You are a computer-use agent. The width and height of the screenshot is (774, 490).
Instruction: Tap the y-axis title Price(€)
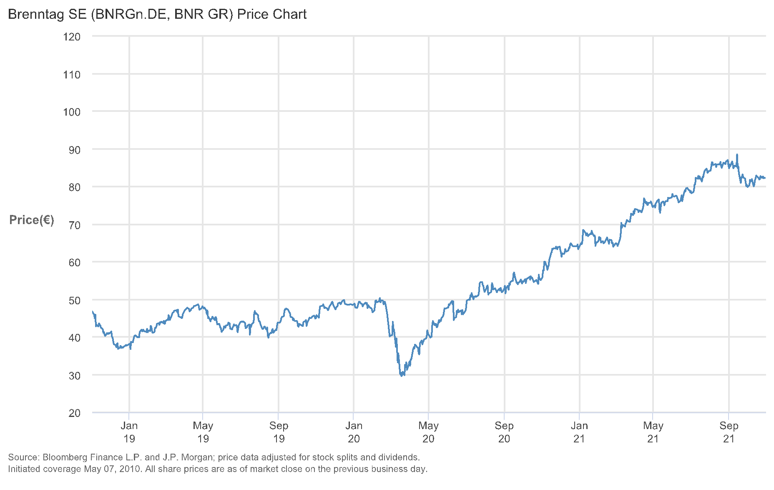[32, 220]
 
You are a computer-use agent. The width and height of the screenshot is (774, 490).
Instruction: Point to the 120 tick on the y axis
[72, 37]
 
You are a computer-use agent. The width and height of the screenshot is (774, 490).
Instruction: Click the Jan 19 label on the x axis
[129, 432]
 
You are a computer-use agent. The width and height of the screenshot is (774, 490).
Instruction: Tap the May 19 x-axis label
[203, 432]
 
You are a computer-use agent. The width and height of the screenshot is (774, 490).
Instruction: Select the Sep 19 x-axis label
[279, 432]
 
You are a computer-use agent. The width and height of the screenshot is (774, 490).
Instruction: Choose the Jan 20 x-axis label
[354, 432]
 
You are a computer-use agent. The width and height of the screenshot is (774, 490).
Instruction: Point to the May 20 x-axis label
[428, 432]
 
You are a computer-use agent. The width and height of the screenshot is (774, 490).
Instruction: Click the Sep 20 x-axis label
[504, 432]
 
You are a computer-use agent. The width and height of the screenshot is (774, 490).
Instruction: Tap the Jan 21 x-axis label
[579, 432]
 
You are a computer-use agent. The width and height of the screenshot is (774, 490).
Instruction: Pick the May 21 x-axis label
[653, 432]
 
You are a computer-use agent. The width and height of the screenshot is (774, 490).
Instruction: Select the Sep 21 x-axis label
[729, 432]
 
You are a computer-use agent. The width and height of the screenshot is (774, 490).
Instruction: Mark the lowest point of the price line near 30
[402, 376]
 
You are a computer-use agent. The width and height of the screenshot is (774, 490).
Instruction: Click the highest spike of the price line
[737, 155]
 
